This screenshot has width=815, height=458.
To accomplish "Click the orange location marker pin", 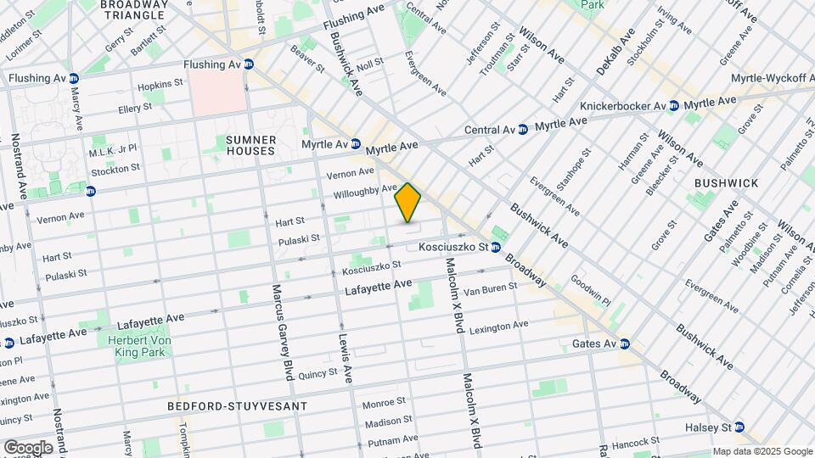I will click(x=408, y=202).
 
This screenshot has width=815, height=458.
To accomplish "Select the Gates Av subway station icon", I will click(x=625, y=343).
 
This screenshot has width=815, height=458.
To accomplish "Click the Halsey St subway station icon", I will click(x=739, y=427).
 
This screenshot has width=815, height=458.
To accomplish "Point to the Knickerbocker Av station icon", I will click(x=673, y=106).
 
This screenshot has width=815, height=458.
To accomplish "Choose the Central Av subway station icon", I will click(x=524, y=130).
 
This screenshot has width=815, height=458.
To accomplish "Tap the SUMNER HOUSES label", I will click(x=250, y=145).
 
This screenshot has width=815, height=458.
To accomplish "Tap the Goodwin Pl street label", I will click(x=591, y=289).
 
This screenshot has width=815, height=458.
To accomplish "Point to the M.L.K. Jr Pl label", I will click(x=113, y=148).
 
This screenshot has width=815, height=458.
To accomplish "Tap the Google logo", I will click(x=28, y=447).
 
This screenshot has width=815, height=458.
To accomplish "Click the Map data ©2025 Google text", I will click(x=762, y=451).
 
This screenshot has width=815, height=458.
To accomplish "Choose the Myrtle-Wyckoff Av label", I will click(x=772, y=78).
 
